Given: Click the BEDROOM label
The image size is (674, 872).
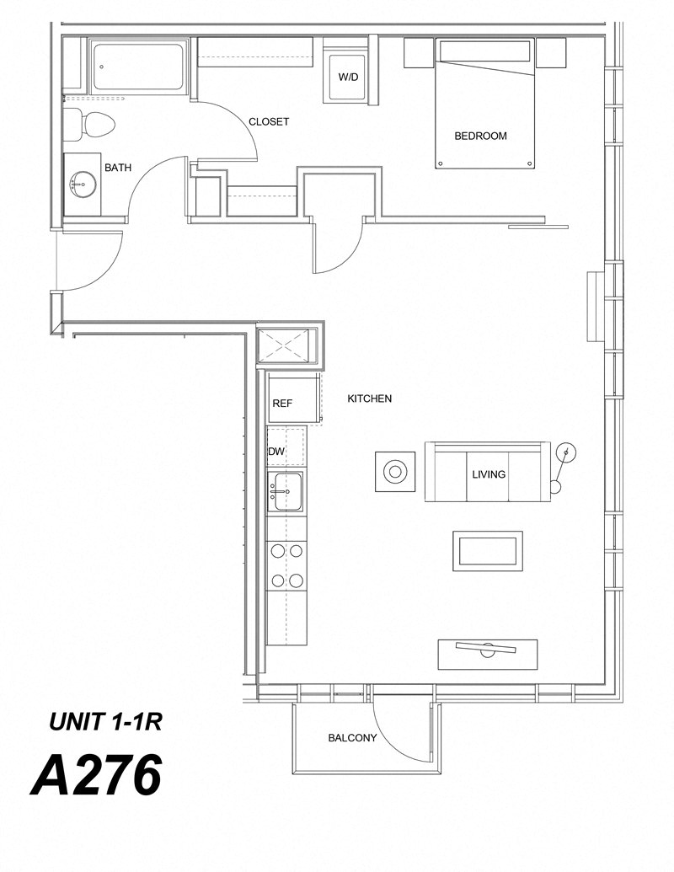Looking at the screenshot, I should click(x=480, y=136).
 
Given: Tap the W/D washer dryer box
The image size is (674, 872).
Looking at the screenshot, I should click(x=348, y=78).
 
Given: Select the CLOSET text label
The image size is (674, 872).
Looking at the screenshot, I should click(x=269, y=122).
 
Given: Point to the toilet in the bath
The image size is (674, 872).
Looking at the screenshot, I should click(x=94, y=125).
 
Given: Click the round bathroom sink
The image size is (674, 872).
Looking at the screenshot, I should click(x=83, y=181).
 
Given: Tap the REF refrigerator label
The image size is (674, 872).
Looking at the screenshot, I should click(x=282, y=404).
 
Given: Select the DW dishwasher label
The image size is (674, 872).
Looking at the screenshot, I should click(x=276, y=452).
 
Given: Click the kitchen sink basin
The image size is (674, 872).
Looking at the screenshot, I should click(x=286, y=491).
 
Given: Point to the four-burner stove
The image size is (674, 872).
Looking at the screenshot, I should click(x=286, y=566).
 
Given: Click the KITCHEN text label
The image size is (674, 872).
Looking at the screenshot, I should click(x=369, y=399).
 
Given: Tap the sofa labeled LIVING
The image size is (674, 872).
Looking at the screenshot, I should click(x=488, y=473).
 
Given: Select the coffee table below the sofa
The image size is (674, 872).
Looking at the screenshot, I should click(x=488, y=551).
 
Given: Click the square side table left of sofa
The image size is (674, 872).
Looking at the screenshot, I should click(x=394, y=471).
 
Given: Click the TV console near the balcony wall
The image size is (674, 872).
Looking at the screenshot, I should click(x=487, y=654).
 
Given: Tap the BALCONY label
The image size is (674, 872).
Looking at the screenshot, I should click(x=352, y=738).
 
